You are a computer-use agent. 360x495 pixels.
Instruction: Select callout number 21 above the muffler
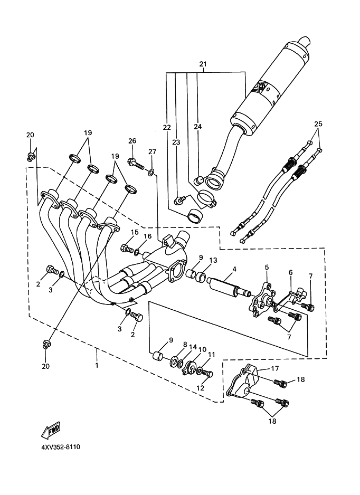pos(203,64)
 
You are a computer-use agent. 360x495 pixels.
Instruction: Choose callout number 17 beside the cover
pos(275,368)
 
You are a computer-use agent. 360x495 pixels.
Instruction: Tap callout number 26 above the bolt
pos(132,141)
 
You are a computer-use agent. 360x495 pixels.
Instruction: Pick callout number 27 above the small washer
pos(152,152)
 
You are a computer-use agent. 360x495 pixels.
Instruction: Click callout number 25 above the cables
pos(317,124)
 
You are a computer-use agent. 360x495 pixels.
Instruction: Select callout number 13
pos(213,261)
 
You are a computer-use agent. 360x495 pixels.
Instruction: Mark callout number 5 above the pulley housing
pos(267,268)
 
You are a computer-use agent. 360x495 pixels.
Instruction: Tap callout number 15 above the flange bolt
pos(135,232)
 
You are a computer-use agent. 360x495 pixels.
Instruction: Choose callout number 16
pos(147,236)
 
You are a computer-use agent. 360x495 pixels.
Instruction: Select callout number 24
pos(197,127)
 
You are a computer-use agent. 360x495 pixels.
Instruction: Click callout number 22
pos(167,128)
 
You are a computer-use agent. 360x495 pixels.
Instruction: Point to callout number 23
pos(176,142)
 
